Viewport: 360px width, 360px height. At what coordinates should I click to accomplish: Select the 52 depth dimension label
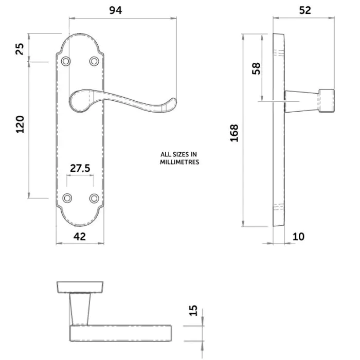click(x=305, y=10)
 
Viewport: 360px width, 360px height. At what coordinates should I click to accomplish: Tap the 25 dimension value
click(x=20, y=49)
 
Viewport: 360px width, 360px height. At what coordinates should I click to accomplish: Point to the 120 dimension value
click(x=20, y=124)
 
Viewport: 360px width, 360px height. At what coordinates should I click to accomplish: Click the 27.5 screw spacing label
click(x=80, y=168)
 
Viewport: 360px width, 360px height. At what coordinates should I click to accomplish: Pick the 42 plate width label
click(x=80, y=236)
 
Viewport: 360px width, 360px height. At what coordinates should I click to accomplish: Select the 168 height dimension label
click(x=234, y=133)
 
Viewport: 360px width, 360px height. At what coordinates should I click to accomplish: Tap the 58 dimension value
click(x=256, y=68)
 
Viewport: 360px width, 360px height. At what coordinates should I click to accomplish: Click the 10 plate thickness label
click(x=298, y=237)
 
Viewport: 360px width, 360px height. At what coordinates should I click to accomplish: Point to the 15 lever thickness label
click(x=193, y=310)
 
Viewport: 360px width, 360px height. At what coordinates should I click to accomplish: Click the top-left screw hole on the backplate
click(x=65, y=61)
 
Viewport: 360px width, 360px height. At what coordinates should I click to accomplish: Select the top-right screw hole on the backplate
click(x=94, y=61)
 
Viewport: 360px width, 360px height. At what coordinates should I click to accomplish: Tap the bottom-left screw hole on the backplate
click(x=66, y=198)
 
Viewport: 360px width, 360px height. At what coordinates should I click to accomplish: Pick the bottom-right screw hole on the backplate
click(x=94, y=198)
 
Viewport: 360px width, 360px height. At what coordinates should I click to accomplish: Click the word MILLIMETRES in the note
click(x=179, y=162)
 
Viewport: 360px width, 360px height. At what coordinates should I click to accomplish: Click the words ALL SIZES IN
click(x=179, y=154)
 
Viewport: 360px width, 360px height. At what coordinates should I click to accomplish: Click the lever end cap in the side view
click(x=326, y=101)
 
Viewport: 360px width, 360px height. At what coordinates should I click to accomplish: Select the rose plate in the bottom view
click(x=80, y=287)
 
